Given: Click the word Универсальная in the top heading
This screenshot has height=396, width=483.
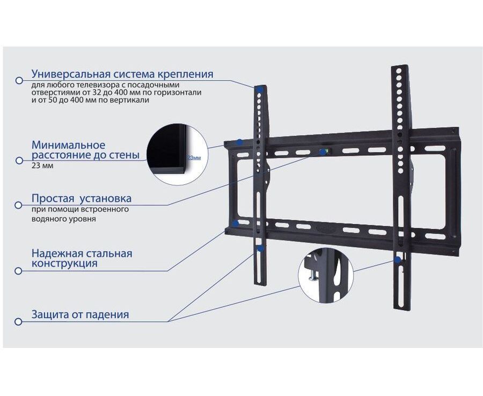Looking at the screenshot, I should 71,74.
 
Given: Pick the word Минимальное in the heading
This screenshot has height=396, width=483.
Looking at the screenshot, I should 68,145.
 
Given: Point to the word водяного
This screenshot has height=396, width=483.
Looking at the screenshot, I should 47,219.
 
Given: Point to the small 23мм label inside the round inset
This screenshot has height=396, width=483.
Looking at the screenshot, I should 194,158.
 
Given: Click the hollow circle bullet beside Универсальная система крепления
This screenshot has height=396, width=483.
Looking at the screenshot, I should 19,80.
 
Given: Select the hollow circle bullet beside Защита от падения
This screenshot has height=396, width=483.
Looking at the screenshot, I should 19,321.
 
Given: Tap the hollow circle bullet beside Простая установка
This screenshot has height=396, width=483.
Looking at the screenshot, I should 19,205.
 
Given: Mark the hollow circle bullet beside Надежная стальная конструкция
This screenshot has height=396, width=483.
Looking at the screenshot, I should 19,270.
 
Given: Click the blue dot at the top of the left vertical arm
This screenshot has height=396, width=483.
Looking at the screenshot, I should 259,89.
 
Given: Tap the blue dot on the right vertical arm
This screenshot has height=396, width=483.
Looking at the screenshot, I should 397,260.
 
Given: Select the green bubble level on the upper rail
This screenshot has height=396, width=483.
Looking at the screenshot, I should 323,152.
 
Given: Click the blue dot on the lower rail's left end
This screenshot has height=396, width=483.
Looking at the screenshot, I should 235,222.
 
